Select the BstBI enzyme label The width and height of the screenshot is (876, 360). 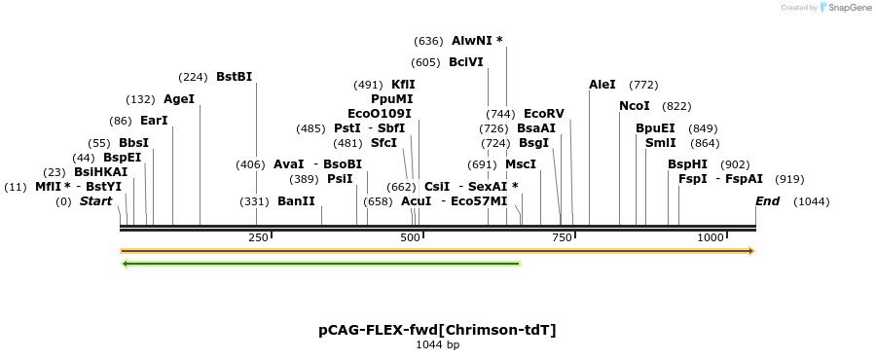pyautogui.click(x=234, y=77)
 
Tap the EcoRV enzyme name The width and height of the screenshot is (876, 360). pyautogui.click(x=543, y=114)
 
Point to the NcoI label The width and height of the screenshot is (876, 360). pyautogui.click(x=634, y=106)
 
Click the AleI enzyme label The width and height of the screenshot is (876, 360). pyautogui.click(x=602, y=85)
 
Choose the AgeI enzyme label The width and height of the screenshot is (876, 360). pyautogui.click(x=179, y=99)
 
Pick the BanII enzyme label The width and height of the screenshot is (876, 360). pyautogui.click(x=296, y=201)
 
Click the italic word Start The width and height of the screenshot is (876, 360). pyautogui.click(x=95, y=201)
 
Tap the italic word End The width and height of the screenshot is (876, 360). pyautogui.click(x=768, y=201)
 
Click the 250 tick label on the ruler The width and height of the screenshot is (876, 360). pyautogui.click(x=257, y=237)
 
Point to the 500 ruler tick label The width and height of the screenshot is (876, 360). pyautogui.click(x=410, y=237)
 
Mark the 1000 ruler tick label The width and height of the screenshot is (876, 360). pyautogui.click(x=712, y=237)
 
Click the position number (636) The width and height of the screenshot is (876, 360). pyautogui.click(x=428, y=41)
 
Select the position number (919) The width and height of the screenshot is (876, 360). pyautogui.click(x=789, y=179)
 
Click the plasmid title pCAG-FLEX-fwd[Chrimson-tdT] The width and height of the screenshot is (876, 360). pyautogui.click(x=437, y=330)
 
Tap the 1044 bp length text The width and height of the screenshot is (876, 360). pyautogui.click(x=437, y=344)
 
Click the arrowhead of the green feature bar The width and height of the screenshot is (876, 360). pyautogui.click(x=125, y=263)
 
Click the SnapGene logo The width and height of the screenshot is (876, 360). pyautogui.click(x=845, y=8)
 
